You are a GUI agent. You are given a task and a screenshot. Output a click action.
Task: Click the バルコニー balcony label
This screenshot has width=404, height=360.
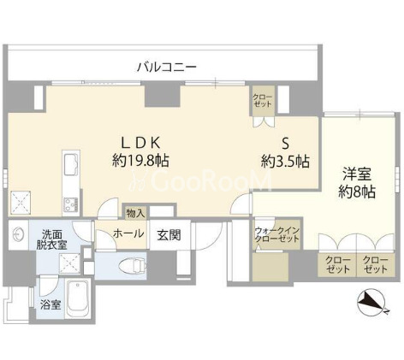pos(169,66)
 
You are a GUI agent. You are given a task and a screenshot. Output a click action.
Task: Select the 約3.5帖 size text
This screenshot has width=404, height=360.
pos(286,161)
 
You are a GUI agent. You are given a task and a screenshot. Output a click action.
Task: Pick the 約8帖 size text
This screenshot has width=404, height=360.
pos(355,193)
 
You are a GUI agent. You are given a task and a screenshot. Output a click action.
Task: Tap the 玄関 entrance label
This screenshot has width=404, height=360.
pos(168,234)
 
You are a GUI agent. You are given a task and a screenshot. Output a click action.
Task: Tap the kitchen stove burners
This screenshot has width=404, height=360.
pos(70,203)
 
